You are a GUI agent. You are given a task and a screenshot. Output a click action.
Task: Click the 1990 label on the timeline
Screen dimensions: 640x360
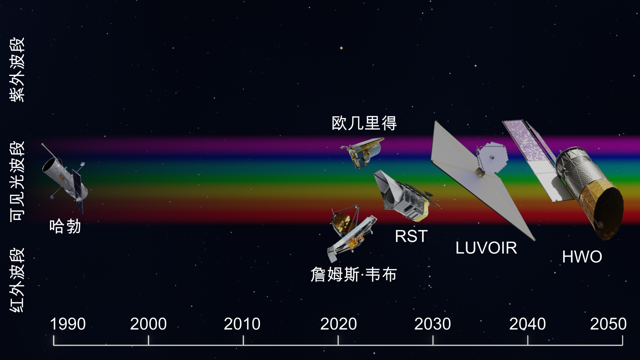tap(68, 324)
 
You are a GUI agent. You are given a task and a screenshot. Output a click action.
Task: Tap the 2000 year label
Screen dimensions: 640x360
tap(148, 324)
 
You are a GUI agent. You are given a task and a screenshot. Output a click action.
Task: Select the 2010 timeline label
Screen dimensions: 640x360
tap(242, 324)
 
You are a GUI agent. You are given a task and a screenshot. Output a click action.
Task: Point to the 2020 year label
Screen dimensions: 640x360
tap(338, 324)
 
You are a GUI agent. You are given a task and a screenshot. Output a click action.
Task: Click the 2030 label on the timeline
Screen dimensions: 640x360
tap(432, 324)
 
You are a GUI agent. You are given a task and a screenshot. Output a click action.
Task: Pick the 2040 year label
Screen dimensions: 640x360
tap(527, 324)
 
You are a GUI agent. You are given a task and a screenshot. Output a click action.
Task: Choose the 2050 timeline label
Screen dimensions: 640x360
tap(608, 324)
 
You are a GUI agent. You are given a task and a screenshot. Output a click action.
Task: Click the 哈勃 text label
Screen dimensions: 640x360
tap(65, 226)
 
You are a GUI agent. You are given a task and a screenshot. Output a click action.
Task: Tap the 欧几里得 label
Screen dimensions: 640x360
tap(364, 123)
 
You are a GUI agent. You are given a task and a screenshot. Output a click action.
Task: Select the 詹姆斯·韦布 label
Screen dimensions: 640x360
tap(354, 275)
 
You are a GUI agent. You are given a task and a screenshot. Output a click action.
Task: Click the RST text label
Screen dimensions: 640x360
tap(411, 236)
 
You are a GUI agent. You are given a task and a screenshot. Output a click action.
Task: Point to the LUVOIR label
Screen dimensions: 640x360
tap(486, 248)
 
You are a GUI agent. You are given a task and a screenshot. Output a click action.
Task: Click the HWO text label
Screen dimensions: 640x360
tap(582, 257)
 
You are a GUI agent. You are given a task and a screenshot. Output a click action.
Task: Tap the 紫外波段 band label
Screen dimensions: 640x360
tap(17, 69)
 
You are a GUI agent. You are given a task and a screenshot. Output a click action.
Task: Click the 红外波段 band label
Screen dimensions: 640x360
tap(17, 280)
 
